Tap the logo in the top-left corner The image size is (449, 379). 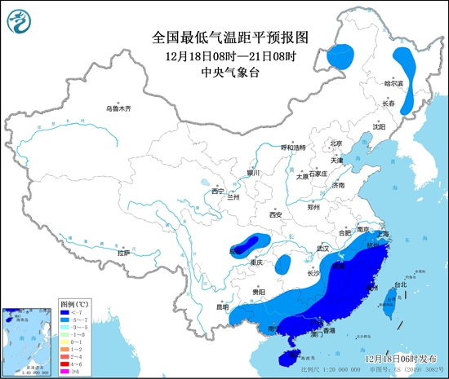pos(20,21)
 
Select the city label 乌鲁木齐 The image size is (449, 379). pos(118,108)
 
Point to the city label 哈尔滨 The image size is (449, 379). pos(394,83)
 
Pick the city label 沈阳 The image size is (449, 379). pos(379,126)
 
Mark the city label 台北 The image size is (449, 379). pos(400,284)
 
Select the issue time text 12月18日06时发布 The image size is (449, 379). pos(402,358)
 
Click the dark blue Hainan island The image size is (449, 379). pos(283,355)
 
